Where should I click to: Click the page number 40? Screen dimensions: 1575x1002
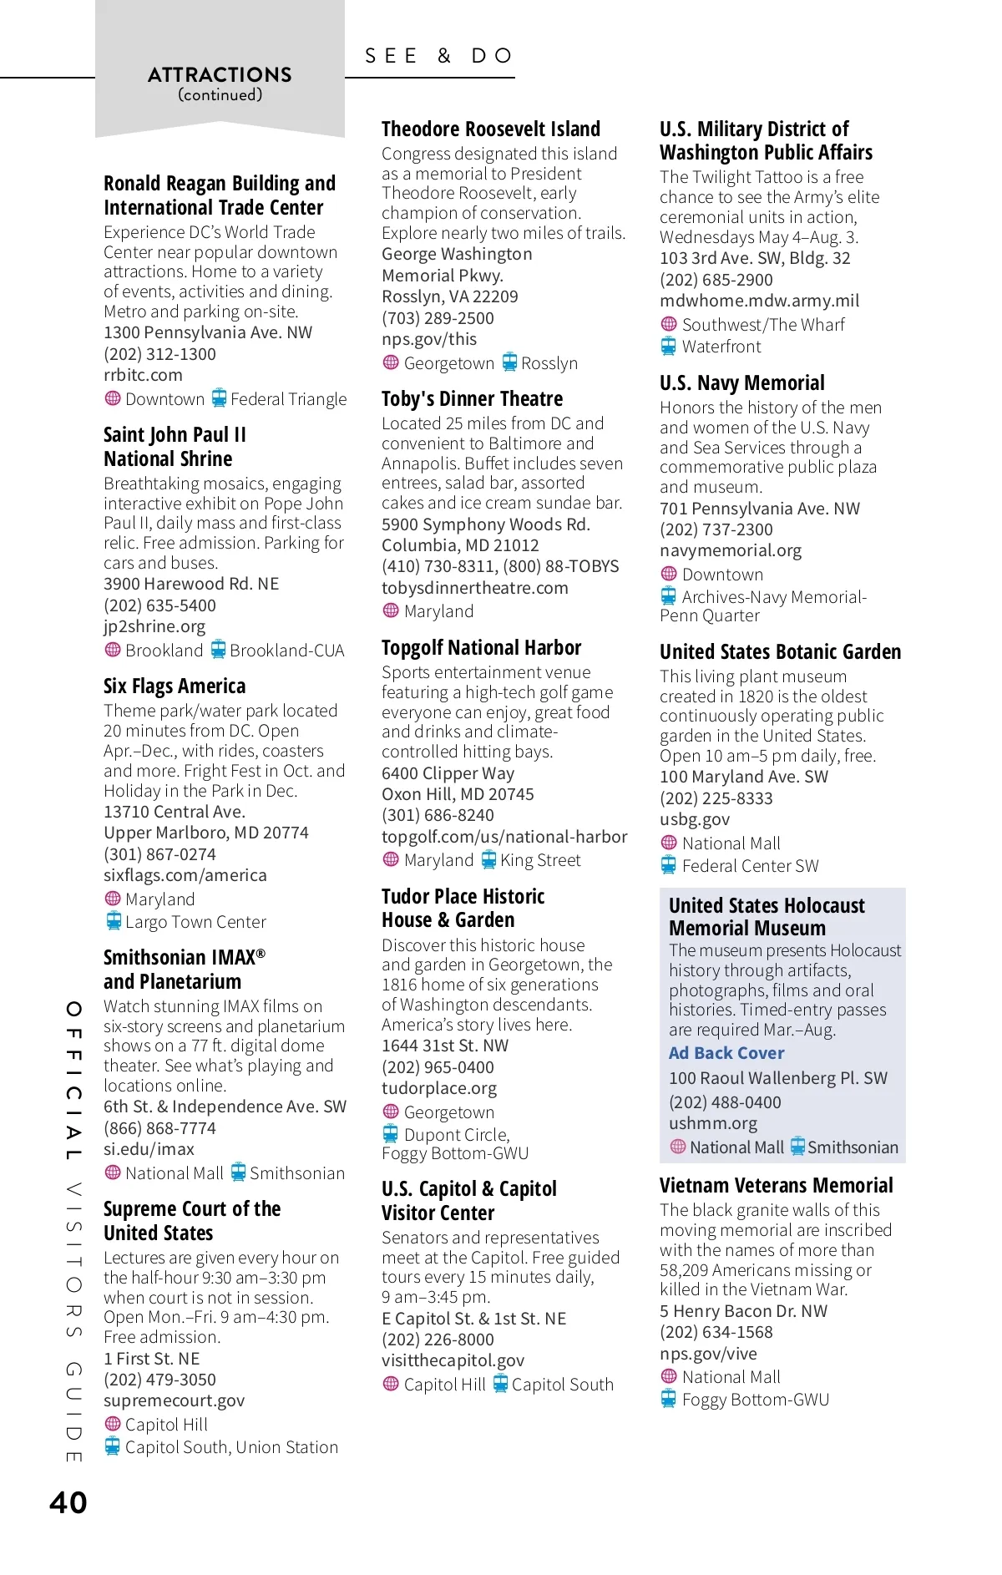coord(68,1502)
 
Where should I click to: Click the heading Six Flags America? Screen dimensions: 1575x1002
coord(175,686)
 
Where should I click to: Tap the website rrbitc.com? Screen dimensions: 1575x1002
coord(143,375)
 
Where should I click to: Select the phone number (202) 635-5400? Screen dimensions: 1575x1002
coord(159,605)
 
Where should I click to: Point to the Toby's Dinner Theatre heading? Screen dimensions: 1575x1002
coord(472,399)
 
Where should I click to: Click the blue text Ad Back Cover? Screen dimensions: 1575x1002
coord(726,1053)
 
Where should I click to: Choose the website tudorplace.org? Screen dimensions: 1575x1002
coord(438,1088)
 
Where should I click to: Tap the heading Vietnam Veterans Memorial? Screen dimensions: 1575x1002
coord(776,1186)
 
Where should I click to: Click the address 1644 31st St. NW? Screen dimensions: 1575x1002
coord(444,1046)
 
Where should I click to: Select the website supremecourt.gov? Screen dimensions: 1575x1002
coord(174,1400)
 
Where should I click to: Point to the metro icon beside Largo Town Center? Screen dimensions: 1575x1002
coord(114,921)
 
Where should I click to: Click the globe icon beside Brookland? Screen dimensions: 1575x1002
coord(113,650)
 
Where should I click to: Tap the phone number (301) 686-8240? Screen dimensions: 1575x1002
coord(438,815)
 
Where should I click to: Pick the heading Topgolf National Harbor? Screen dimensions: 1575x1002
coord(481,648)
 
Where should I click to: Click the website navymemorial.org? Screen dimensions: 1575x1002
coord(730,550)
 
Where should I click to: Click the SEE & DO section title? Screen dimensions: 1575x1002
coord(439,56)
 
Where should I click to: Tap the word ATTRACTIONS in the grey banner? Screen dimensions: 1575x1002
coord(220,75)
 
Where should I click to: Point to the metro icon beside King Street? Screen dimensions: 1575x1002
coord(488,859)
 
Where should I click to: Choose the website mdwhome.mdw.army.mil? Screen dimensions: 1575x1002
coord(758,301)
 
